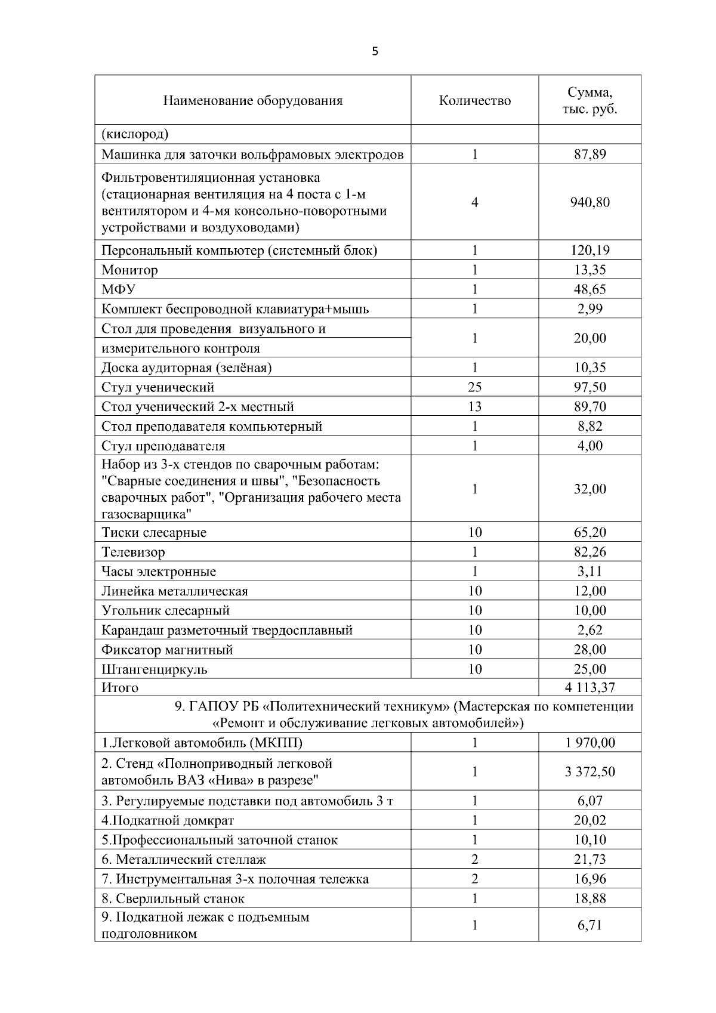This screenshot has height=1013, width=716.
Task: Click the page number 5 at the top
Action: tap(375, 51)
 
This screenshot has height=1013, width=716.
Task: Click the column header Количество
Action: tap(474, 100)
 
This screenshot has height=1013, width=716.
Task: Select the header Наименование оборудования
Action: tap(253, 100)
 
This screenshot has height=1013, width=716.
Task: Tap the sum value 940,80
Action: tap(590, 202)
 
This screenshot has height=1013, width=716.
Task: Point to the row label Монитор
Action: tap(129, 270)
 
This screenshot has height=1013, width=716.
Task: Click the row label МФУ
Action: tap(118, 290)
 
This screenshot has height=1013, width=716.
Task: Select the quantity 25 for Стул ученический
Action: tap(474, 387)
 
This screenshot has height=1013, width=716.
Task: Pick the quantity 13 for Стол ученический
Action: tap(474, 407)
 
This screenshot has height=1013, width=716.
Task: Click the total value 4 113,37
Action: tap(590, 688)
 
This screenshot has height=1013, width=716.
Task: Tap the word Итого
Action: tap(120, 688)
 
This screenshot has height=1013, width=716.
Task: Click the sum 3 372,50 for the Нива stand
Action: tap(590, 772)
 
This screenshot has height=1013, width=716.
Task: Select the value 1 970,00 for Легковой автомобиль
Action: tap(590, 743)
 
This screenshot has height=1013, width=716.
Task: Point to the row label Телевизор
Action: tap(133, 552)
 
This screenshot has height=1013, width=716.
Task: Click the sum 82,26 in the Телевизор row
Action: tap(590, 552)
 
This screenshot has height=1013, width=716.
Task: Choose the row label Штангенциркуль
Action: tap(155, 669)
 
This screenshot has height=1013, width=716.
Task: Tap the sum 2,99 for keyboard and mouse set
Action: tap(590, 309)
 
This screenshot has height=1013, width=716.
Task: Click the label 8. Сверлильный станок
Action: tap(173, 898)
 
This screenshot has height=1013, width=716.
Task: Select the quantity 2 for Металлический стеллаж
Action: tap(474, 860)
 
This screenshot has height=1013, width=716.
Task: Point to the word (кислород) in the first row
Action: tap(135, 134)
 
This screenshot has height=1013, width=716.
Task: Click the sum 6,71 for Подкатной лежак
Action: tap(590, 925)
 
